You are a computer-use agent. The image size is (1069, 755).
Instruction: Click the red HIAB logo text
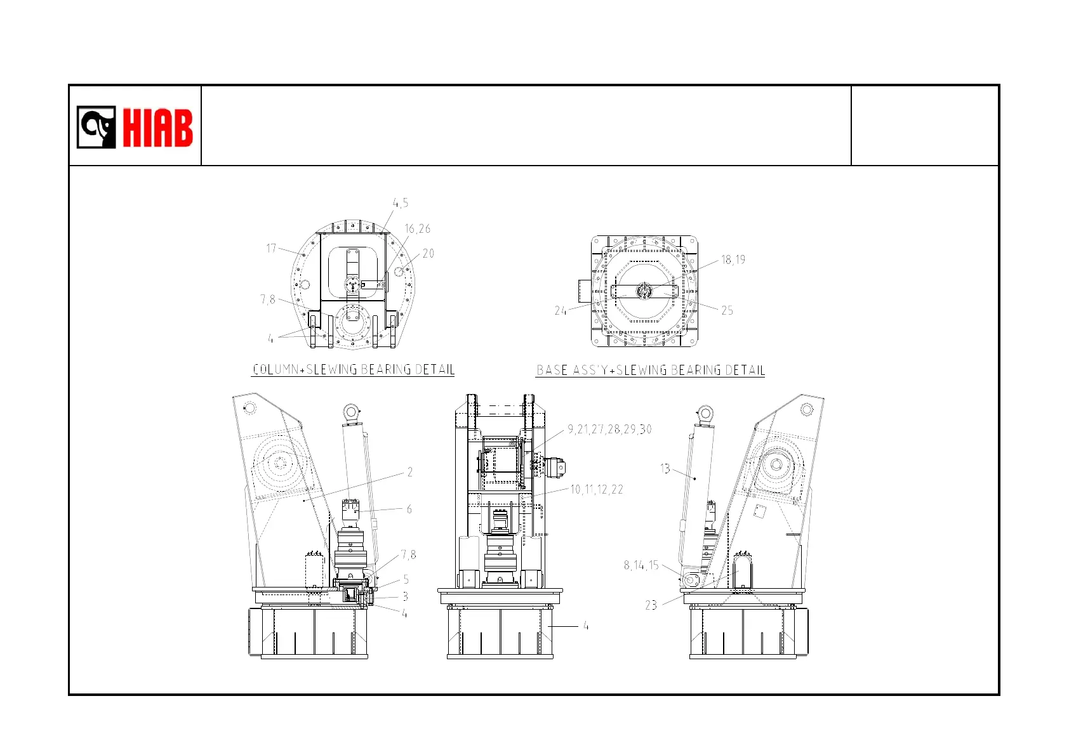click(x=158, y=128)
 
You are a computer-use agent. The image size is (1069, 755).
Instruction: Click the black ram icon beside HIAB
click(x=96, y=128)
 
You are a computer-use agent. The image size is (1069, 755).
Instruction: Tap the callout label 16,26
click(x=418, y=229)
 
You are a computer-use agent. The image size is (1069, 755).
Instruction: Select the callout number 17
click(x=271, y=248)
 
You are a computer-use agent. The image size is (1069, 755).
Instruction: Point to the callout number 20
click(x=428, y=254)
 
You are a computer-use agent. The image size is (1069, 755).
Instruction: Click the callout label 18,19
click(x=733, y=260)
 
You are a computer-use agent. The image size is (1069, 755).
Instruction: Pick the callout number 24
click(x=561, y=311)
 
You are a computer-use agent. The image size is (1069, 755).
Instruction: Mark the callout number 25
click(x=727, y=310)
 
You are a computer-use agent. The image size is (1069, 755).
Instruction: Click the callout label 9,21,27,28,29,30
click(x=609, y=430)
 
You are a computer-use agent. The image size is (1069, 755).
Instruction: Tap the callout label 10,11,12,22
click(x=597, y=489)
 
